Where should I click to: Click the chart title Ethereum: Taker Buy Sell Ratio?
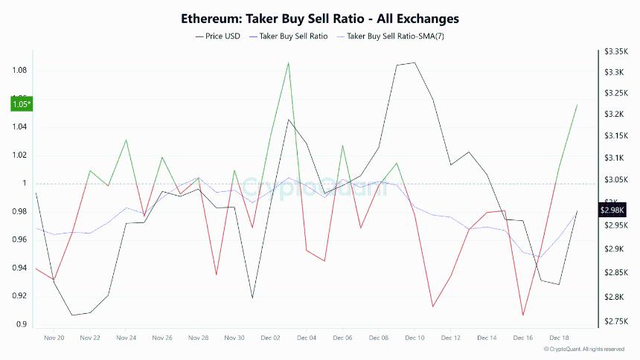click(x=320, y=17)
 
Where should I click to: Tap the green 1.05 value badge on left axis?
click(x=21, y=104)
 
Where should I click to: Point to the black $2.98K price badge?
click(x=612, y=210)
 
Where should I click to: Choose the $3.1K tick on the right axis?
click(x=617, y=158)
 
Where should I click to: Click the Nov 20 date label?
click(x=54, y=338)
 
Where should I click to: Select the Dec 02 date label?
click(x=271, y=338)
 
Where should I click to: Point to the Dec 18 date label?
click(x=560, y=338)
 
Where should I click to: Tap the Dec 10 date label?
click(x=415, y=338)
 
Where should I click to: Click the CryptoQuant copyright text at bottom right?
click(x=586, y=349)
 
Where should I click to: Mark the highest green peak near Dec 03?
click(x=288, y=62)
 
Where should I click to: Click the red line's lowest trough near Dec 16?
click(x=523, y=315)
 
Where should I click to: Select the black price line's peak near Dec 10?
click(x=414, y=62)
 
